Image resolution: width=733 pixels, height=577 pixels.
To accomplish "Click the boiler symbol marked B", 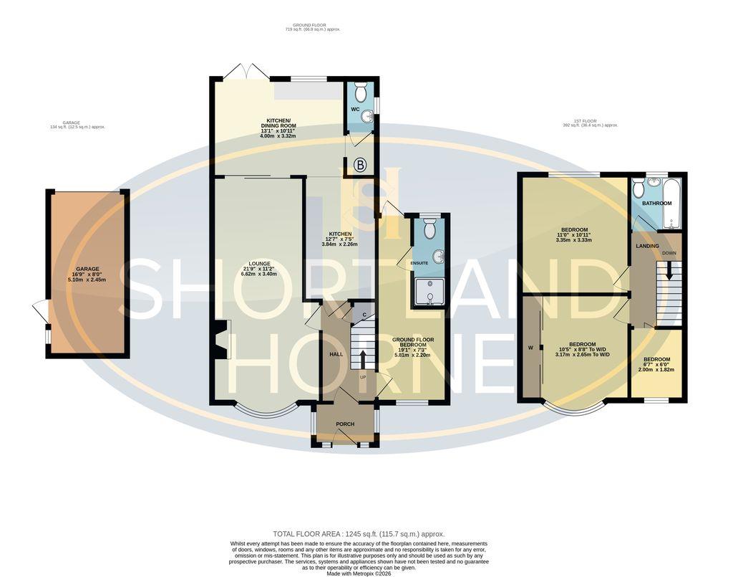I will tap(361, 166).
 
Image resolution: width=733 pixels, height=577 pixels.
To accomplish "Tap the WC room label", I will tap(354, 110).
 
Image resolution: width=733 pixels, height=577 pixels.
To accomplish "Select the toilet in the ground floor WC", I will tap(360, 91).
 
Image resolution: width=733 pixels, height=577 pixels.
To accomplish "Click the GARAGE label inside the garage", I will tap(87, 270).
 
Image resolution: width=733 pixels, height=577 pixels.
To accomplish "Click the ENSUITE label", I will tap(419, 263).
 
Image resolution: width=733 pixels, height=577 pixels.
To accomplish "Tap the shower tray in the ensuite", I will tap(428, 292).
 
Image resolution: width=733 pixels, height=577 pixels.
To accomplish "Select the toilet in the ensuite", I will tap(428, 228).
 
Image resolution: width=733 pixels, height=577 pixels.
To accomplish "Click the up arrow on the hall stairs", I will tap(363, 358).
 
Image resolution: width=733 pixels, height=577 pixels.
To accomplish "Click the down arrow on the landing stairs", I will tap(669, 271).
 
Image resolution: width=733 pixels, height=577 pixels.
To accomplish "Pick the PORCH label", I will tap(345, 424).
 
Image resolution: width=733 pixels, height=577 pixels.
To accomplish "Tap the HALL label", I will tap(336, 354).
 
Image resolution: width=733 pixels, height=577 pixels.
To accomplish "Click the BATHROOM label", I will tap(656, 204).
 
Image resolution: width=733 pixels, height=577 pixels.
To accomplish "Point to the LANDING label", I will tap(647, 246).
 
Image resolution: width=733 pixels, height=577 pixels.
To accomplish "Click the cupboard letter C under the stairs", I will tap(364, 315).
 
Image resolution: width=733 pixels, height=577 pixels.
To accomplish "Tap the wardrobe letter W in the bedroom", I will tap(530, 348).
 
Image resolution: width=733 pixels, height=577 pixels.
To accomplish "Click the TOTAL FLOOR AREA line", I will tap(359, 534).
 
